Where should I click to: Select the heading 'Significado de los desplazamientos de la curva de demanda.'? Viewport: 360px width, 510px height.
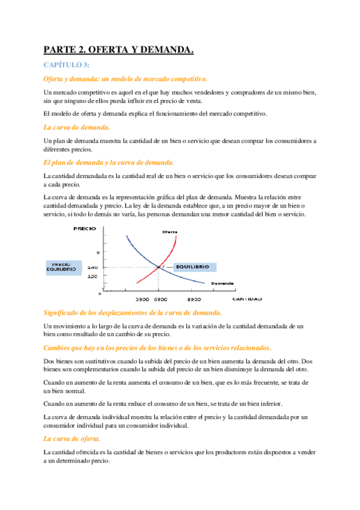pos(133,313)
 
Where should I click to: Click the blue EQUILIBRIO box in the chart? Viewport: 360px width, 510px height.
pos(192,266)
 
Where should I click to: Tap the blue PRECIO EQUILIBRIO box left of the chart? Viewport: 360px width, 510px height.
pos(62,267)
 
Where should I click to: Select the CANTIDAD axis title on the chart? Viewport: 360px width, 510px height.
pos(246,298)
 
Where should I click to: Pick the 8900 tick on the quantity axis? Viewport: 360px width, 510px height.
pos(194,298)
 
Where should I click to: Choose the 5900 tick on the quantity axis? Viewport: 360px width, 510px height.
pos(142,298)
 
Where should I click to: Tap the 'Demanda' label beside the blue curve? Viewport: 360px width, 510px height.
pos(222,283)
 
